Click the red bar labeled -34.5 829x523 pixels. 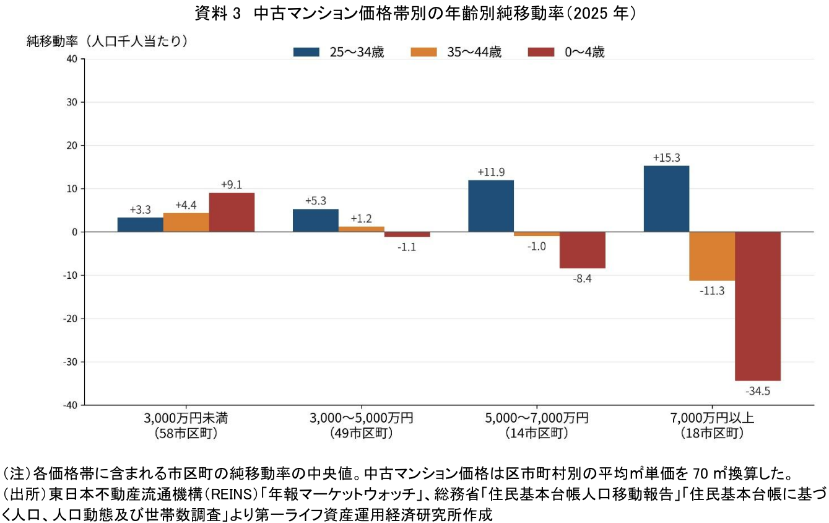pyautogui.click(x=758, y=306)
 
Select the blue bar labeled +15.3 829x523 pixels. pyautogui.click(x=666, y=199)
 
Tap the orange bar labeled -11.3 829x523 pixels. pyautogui.click(x=712, y=257)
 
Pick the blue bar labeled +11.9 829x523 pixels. pyautogui.click(x=491, y=206)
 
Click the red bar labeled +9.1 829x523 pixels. pyautogui.click(x=232, y=213)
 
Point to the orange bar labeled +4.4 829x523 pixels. pyautogui.click(x=186, y=222)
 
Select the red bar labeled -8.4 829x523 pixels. pyautogui.click(x=583, y=250)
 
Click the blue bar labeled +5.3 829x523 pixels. pyautogui.click(x=316, y=221)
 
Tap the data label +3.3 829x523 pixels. pyautogui.click(x=141, y=209)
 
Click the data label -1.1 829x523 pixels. pyautogui.click(x=407, y=247)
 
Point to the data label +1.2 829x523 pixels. pyautogui.click(x=361, y=219)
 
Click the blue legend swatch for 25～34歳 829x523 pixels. pyautogui.click(x=306, y=52)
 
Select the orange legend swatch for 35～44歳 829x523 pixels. pyautogui.click(x=423, y=52)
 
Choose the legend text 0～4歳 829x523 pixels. pyautogui.click(x=584, y=52)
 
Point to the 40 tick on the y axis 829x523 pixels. pyautogui.click(x=72, y=59)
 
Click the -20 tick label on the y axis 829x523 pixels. pyautogui.click(x=71, y=319)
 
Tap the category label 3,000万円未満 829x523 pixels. pyautogui.click(x=186, y=418)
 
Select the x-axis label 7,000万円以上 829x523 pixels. pyautogui.click(x=712, y=418)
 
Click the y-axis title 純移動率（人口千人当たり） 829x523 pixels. pyautogui.click(x=107, y=41)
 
